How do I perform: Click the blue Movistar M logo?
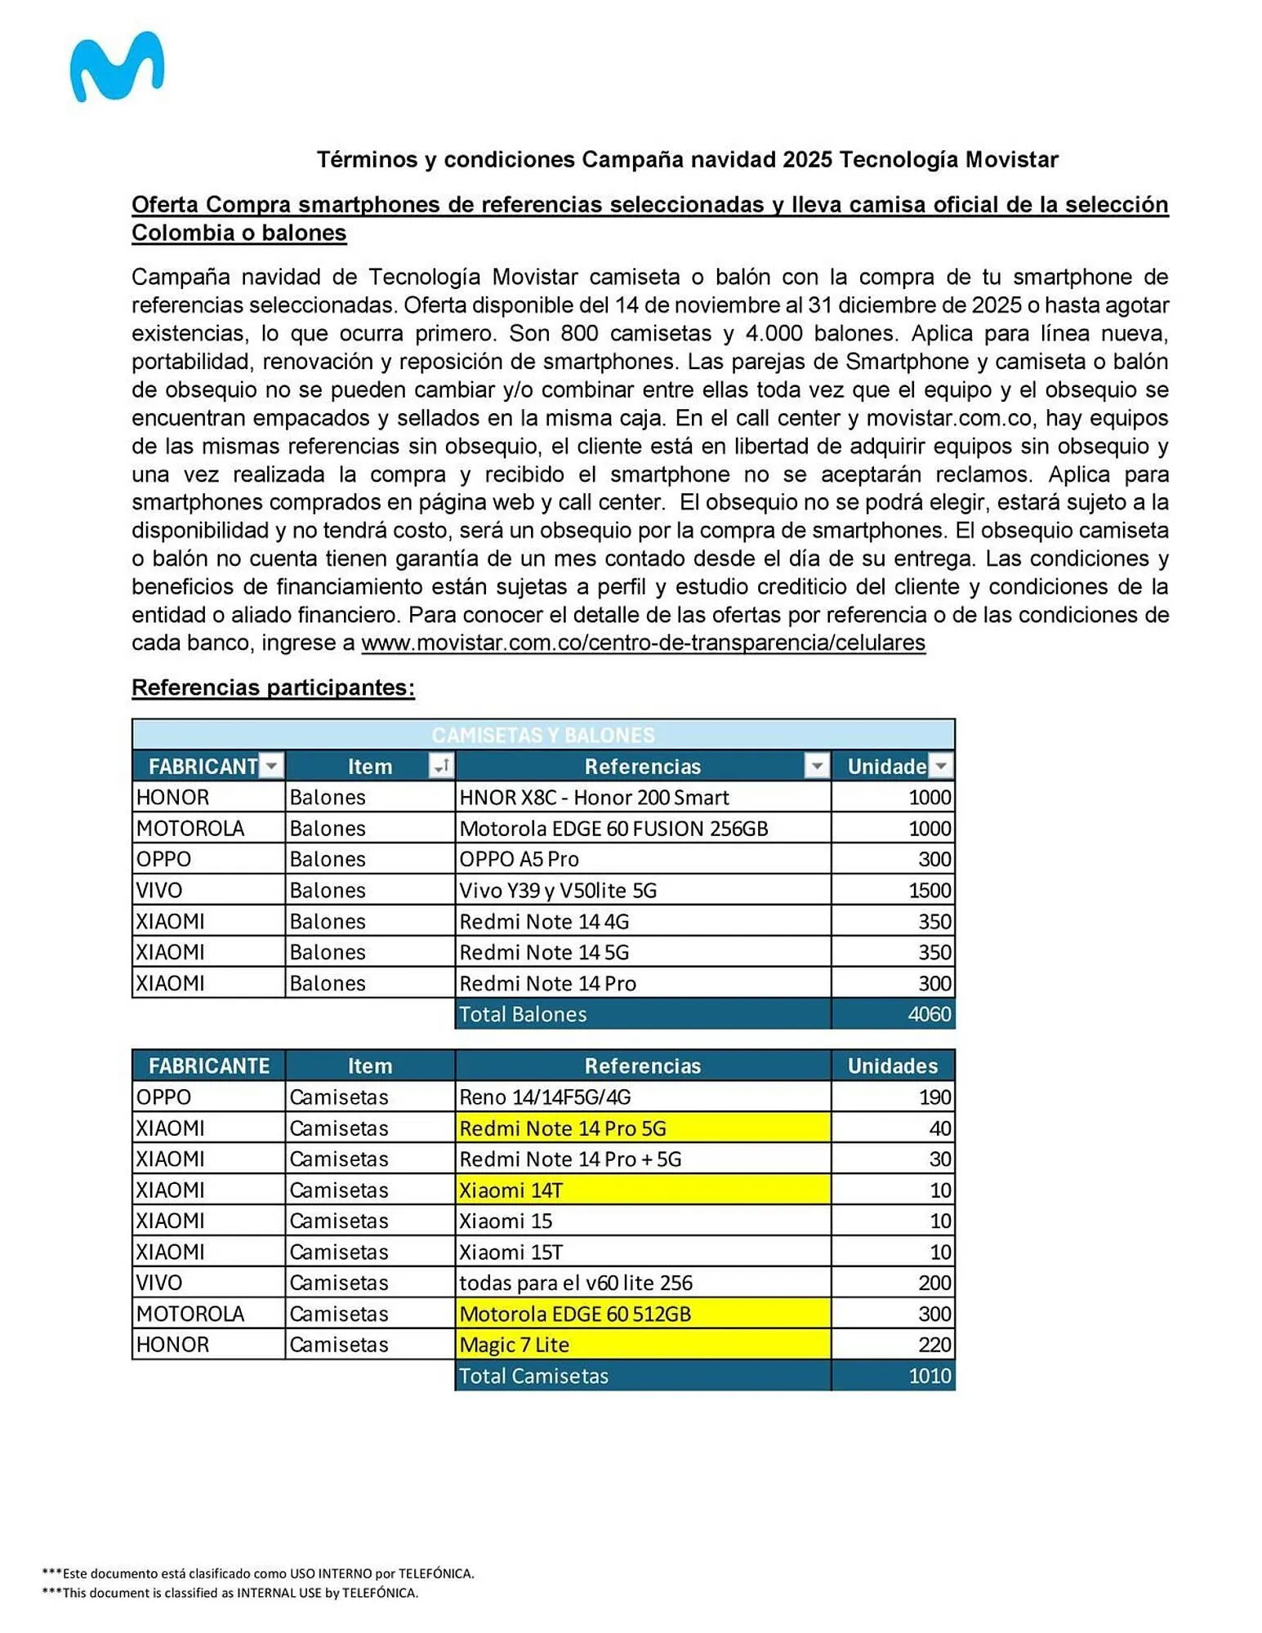point(116,67)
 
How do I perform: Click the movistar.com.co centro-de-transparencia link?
point(642,643)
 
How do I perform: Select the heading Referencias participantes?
point(273,687)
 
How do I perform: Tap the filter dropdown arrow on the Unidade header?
point(940,766)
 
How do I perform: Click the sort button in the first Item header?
point(440,766)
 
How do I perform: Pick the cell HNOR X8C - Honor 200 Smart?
point(594,797)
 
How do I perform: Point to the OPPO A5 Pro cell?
point(519,859)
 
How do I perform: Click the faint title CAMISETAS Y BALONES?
point(542,735)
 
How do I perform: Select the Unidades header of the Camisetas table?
point(892,1066)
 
